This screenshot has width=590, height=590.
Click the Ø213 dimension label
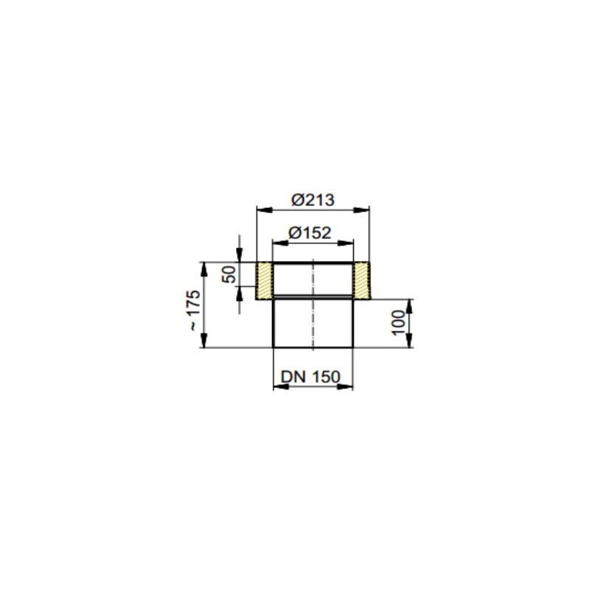(x=313, y=200)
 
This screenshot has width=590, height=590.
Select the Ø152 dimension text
(x=310, y=233)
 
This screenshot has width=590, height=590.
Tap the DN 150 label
(x=310, y=377)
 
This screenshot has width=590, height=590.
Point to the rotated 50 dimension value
(x=229, y=274)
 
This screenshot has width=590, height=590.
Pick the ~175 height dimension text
(x=194, y=310)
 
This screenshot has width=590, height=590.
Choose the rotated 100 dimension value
(x=398, y=322)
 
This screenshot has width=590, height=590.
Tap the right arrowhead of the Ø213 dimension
(x=361, y=210)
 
